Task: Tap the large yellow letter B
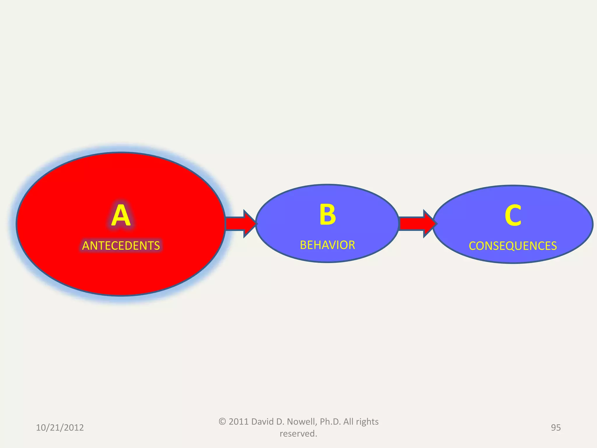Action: tap(328, 215)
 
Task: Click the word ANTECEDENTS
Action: tap(121, 246)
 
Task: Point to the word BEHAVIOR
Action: tap(327, 245)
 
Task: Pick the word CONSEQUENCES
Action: tap(513, 246)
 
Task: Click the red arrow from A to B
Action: tap(241, 224)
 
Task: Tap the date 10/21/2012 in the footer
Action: tap(60, 428)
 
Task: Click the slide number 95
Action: tap(556, 428)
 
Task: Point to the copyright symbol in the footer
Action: tap(222, 422)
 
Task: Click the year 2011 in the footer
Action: tap(238, 422)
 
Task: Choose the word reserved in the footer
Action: tap(298, 434)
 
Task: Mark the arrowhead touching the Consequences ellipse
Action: tap(430, 224)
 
